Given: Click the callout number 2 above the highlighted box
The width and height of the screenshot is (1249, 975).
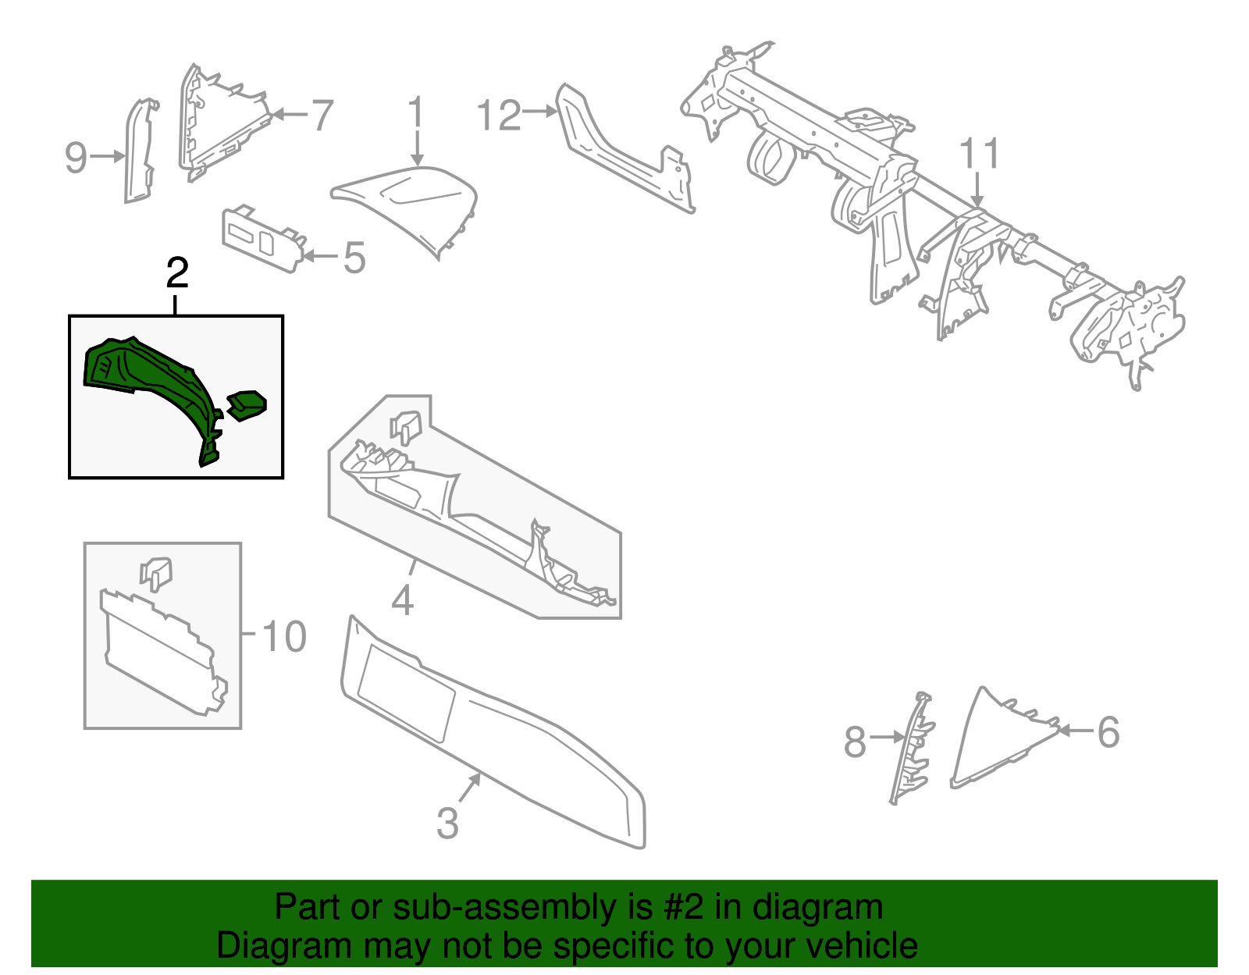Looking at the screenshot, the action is pos(177,273).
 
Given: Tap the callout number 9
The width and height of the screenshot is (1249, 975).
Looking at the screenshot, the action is pos(75,158).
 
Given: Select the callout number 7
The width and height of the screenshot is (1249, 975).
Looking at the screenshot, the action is pos(322,115).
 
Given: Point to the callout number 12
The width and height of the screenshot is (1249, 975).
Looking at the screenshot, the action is pos(498,115).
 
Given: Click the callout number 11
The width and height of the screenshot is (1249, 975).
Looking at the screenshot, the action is pos(979,153).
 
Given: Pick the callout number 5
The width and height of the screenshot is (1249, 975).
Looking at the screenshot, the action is pos(354,258).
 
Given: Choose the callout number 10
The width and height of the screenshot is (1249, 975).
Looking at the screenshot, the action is pos(283,636).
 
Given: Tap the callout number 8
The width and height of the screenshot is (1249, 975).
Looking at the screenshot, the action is pos(855,741).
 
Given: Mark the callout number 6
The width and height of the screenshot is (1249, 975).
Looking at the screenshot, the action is pos(1108,732).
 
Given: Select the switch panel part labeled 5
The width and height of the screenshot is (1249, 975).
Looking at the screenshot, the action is pos(263,238).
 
